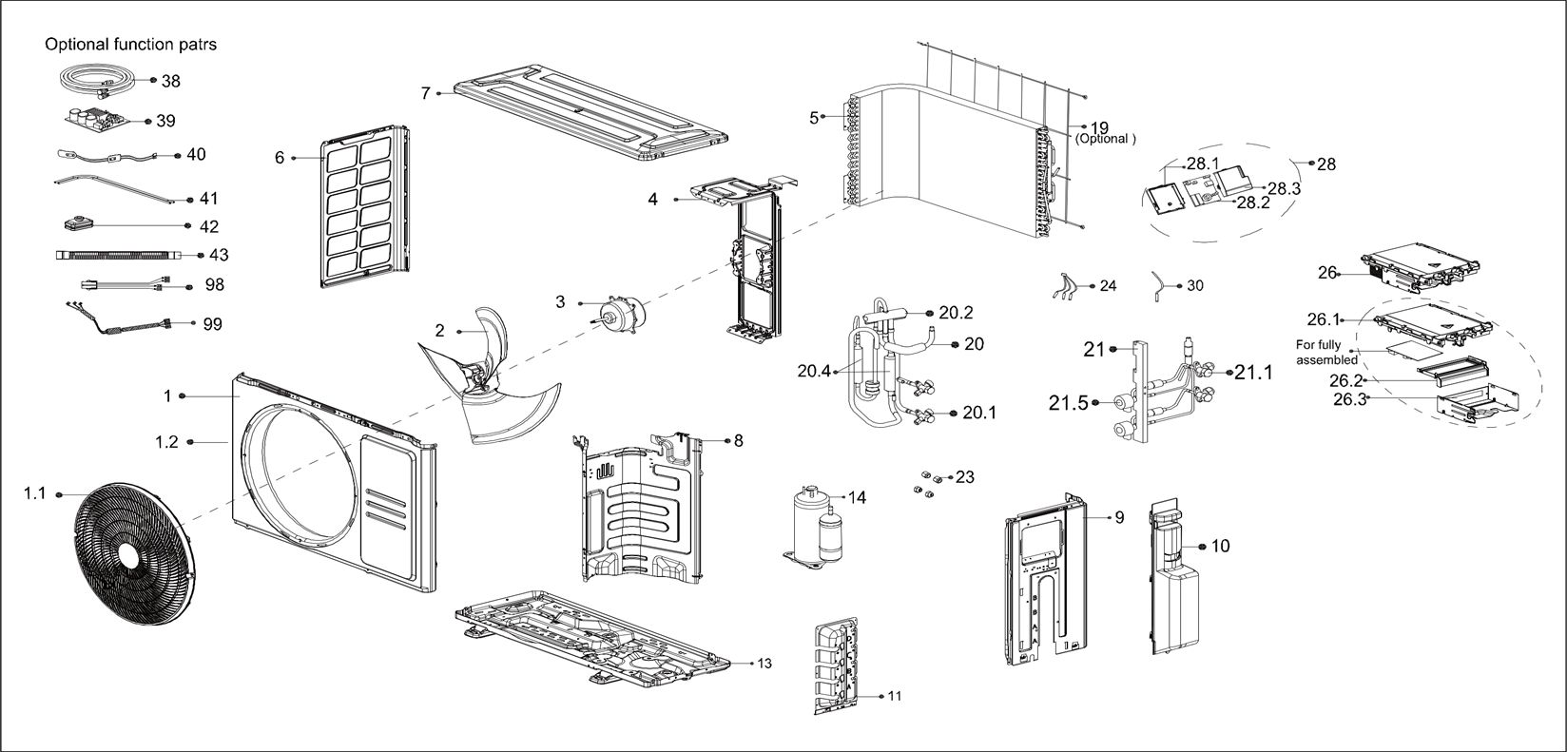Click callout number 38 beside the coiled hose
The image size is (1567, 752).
click(x=170, y=82)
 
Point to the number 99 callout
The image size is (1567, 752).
click(x=212, y=324)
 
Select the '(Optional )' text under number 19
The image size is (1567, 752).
click(x=1105, y=139)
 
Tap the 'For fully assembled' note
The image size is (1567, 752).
click(x=1326, y=352)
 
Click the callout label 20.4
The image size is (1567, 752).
click(x=815, y=371)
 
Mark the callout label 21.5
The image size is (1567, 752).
click(x=1068, y=403)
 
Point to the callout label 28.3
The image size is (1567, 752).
click(x=1284, y=188)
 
